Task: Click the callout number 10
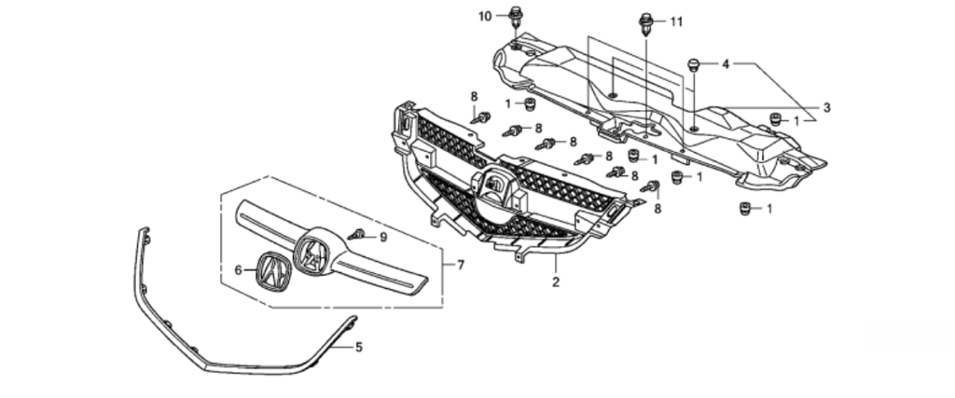(485, 16)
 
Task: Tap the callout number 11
(676, 21)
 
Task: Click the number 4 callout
(725, 64)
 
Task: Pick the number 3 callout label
(825, 107)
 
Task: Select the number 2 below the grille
(556, 281)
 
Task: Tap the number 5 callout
(359, 347)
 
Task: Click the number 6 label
(238, 270)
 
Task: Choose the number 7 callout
(460, 265)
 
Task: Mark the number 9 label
(382, 237)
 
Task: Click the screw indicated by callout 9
(357, 235)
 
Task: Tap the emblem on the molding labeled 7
(312, 254)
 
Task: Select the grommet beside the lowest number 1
(745, 207)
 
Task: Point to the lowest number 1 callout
(769, 209)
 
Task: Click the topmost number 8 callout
(474, 96)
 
